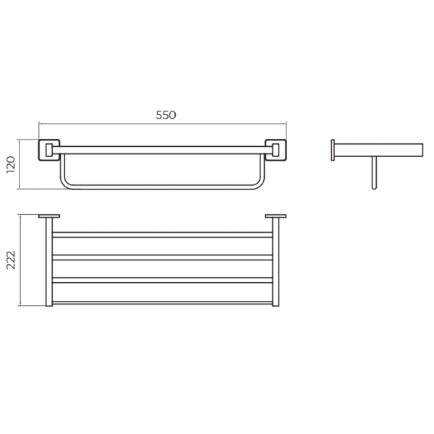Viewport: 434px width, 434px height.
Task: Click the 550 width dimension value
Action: click(166, 114)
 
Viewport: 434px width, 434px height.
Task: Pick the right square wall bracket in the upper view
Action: click(275, 150)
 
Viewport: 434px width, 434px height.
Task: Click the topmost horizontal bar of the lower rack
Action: click(163, 234)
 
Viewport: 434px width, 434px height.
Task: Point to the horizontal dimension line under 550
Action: click(163, 124)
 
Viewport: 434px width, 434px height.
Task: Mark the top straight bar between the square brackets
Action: click(163, 149)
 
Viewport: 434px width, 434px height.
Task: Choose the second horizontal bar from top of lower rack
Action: click(163, 257)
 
